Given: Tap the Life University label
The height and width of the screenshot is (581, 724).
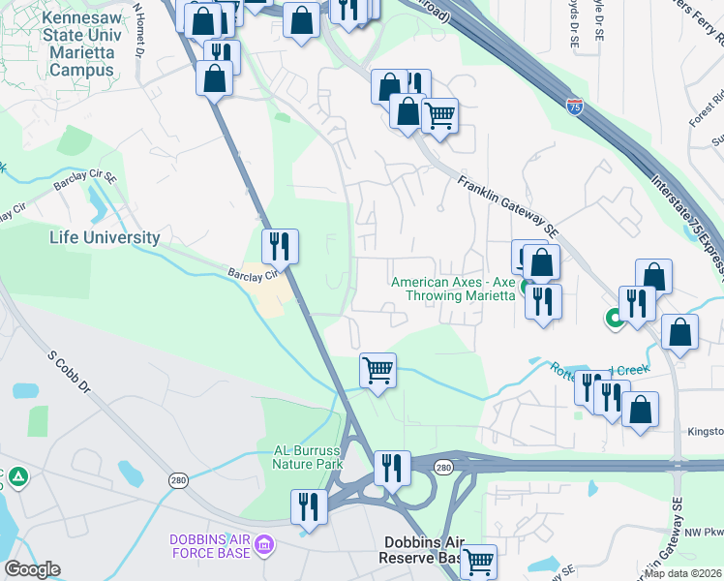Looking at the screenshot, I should tap(106, 237).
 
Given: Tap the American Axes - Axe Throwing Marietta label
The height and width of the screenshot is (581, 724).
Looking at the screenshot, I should tap(452, 289).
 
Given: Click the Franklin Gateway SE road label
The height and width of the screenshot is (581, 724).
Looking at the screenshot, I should tap(508, 206).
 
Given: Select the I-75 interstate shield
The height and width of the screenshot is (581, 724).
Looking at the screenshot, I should tap(575, 100).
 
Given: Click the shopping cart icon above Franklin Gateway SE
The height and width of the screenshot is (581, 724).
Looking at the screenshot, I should tap(440, 116).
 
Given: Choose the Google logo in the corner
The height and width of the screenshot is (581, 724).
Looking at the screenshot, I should tap(32, 569).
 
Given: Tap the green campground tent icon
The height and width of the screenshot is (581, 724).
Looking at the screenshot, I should tap(18, 477).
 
